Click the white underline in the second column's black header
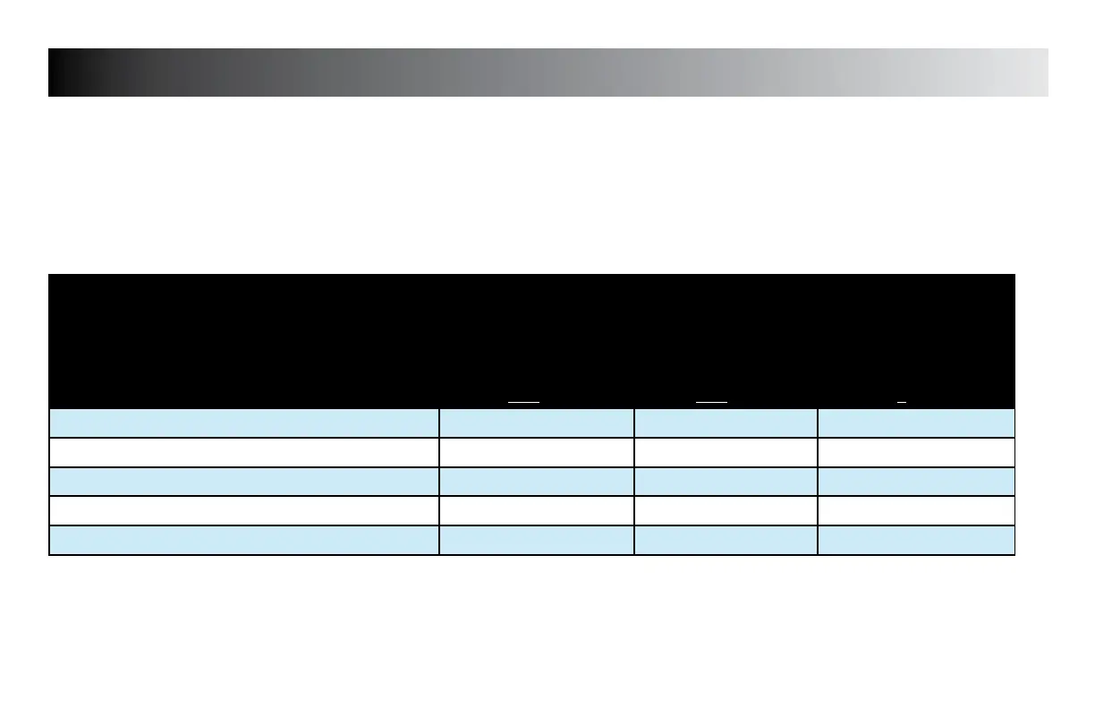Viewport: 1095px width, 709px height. pos(523,403)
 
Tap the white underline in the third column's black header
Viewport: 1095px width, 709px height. pos(711,403)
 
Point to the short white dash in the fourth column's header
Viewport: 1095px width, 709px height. pos(902,403)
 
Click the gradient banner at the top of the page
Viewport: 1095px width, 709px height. pos(547,73)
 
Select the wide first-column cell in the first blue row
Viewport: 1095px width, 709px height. pos(244,423)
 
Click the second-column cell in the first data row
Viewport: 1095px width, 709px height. pos(537,423)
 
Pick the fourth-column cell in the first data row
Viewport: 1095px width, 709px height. pos(916,423)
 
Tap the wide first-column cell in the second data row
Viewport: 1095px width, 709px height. pos(244,452)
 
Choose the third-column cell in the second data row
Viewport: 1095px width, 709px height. pos(726,452)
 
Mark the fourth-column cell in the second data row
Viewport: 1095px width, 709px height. pos(916,452)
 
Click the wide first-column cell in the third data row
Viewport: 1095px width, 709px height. pos(244,482)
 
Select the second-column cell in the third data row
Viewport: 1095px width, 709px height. pos(537,482)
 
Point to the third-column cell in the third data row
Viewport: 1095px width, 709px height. pos(726,482)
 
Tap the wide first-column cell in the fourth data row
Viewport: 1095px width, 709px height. pos(244,510)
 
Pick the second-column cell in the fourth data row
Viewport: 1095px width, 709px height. pos(537,510)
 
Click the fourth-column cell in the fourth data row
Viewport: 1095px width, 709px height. pos(916,510)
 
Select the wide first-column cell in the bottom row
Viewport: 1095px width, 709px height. pos(244,540)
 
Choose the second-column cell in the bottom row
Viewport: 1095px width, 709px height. pos(537,540)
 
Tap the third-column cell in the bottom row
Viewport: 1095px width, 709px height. pos(726,540)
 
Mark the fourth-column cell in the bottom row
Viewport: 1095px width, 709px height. pos(916,540)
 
